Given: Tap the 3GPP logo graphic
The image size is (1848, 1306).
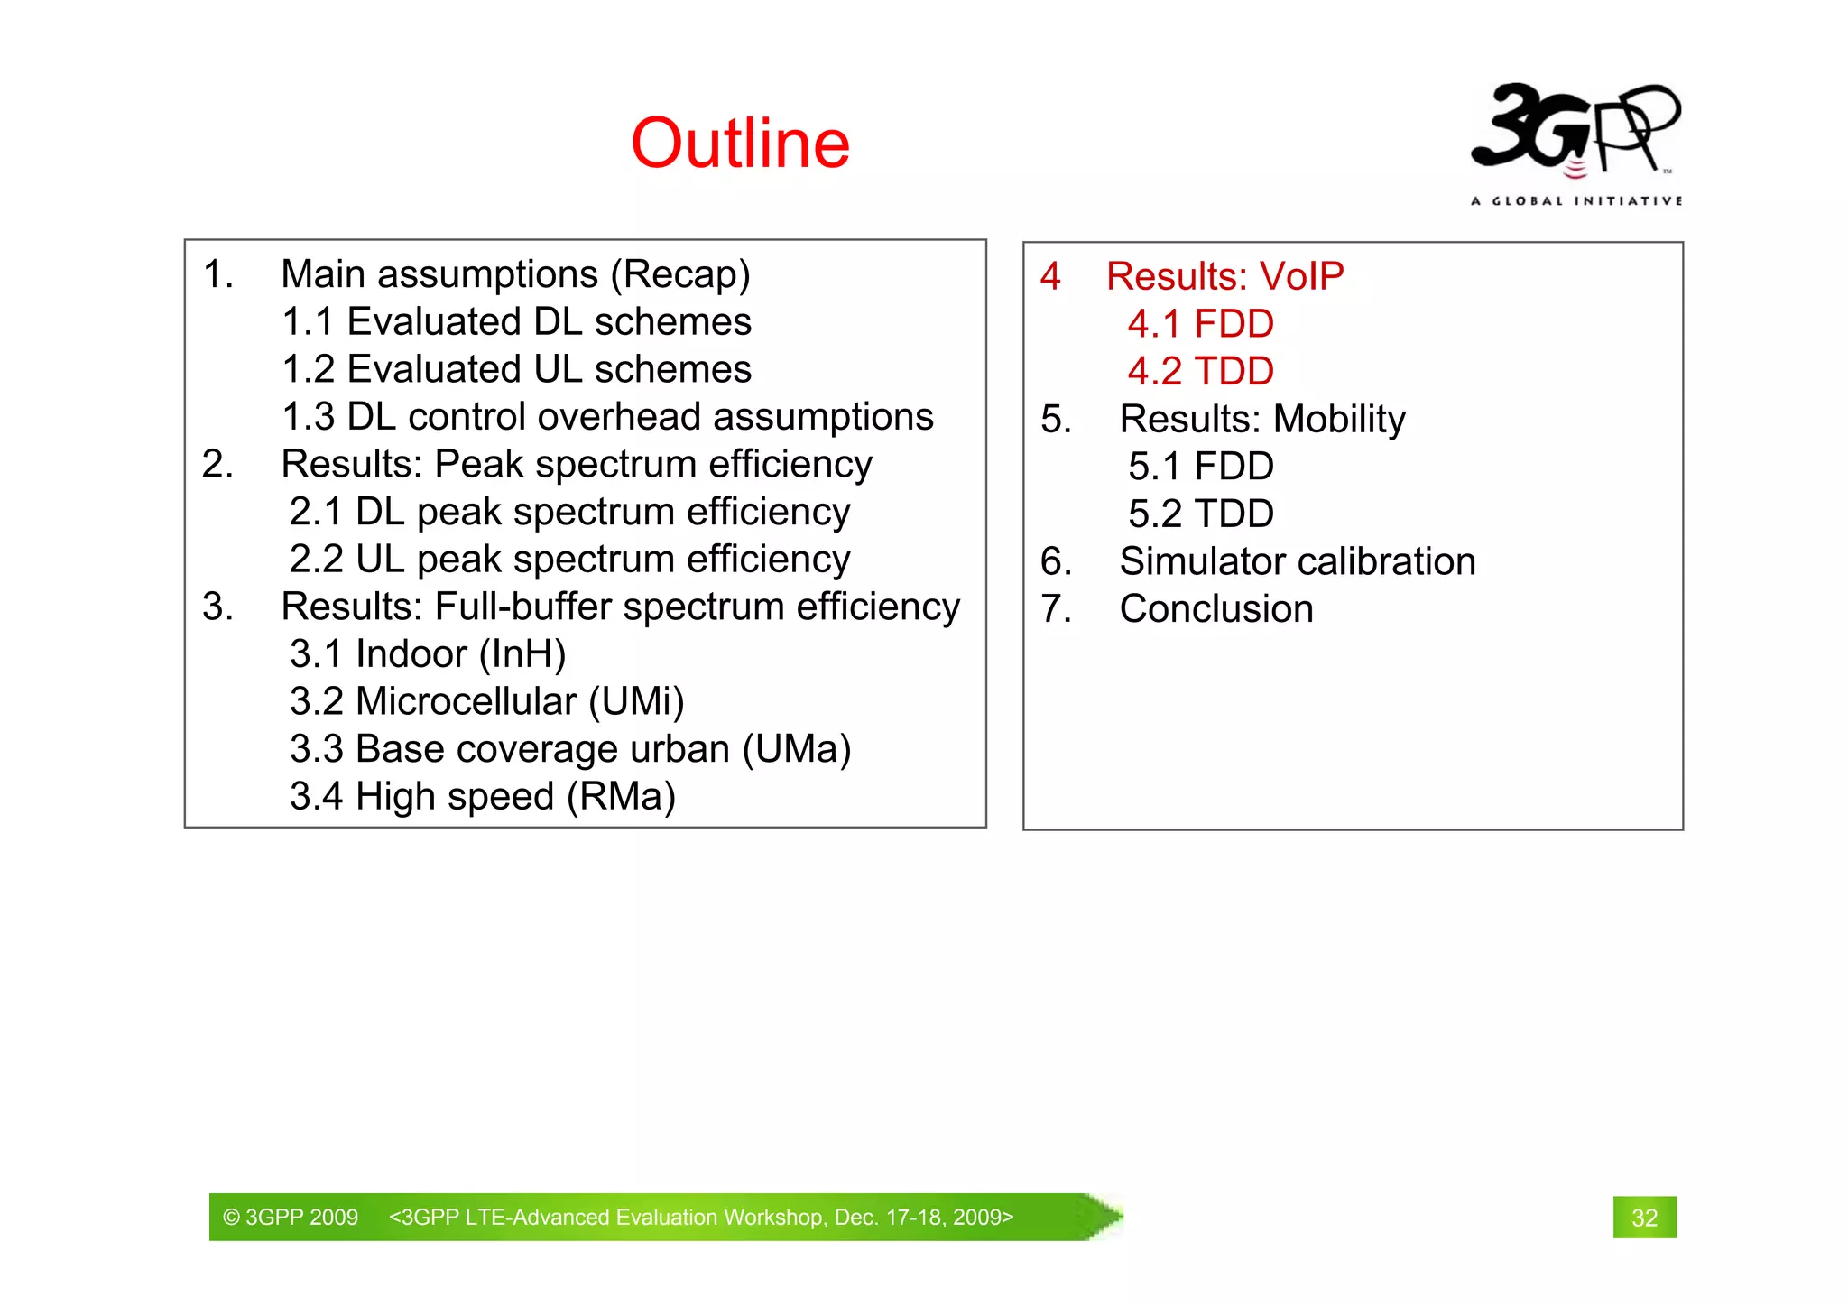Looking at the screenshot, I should pyautogui.click(x=1575, y=128).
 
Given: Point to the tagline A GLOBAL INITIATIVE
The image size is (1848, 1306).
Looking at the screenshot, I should pyautogui.click(x=1575, y=200).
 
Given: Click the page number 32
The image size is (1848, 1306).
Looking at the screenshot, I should pyautogui.click(x=1644, y=1218).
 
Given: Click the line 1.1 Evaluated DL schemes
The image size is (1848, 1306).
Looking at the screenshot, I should pyautogui.click(x=516, y=322).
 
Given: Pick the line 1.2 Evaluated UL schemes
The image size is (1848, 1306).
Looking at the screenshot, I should pyautogui.click(x=516, y=369).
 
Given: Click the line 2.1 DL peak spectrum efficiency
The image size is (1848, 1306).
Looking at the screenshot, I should pyautogui.click(x=569, y=512).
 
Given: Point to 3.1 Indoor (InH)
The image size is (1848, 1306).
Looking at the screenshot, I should pyautogui.click(x=428, y=654).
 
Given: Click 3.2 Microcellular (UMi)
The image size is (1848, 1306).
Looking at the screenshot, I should pyautogui.click(x=486, y=701).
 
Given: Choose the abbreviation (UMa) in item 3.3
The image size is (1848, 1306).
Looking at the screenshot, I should pyautogui.click(x=797, y=749).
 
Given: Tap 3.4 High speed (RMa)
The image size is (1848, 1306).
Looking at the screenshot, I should pyautogui.click(x=482, y=797).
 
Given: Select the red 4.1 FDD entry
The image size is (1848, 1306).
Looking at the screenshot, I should pyautogui.click(x=1200, y=324).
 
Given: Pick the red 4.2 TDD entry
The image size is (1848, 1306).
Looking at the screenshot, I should pyautogui.click(x=1200, y=371).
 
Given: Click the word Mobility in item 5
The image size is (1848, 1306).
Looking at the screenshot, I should pyautogui.click(x=1339, y=419).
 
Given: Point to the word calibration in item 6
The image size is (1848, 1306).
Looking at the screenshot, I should pyautogui.click(x=1388, y=561).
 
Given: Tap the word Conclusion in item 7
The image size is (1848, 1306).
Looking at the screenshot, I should pyautogui.click(x=1216, y=609).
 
